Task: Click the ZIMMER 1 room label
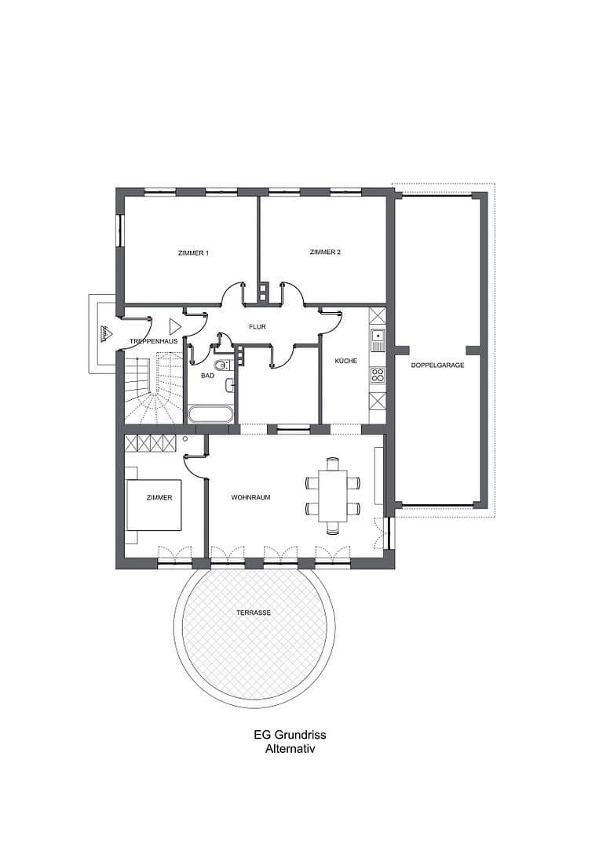[193, 253]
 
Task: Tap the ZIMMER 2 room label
[325, 252]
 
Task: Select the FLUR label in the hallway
[258, 326]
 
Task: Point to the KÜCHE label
[345, 362]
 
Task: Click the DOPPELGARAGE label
[438, 365]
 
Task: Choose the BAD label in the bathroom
[207, 376]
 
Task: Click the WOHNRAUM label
[250, 497]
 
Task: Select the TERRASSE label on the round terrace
[254, 613]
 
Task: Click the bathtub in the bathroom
[210, 413]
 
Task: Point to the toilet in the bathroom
[220, 365]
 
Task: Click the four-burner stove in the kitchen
[378, 374]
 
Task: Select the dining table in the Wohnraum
[333, 496]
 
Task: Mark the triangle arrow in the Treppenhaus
[174, 325]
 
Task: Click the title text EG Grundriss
[290, 735]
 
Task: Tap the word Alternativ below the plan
[290, 749]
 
